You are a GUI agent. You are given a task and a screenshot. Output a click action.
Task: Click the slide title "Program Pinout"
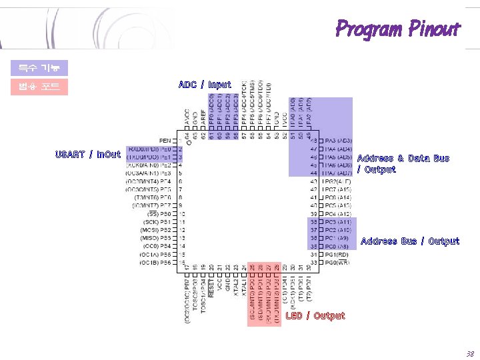[x=397, y=29]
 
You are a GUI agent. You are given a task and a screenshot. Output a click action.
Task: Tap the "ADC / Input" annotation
[x=205, y=85]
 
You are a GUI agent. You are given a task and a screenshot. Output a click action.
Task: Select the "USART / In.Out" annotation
[x=88, y=155]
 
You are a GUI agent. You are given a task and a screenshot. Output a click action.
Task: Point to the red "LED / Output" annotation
[x=315, y=316]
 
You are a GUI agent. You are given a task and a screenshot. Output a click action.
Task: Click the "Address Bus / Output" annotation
[x=409, y=241]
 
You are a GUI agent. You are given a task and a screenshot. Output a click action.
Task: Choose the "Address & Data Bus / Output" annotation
[x=403, y=163]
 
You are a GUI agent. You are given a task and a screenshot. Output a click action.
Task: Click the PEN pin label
[x=165, y=140]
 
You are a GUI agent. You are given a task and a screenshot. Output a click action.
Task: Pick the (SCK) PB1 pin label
[x=157, y=222]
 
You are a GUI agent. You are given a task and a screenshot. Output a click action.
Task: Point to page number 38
[x=470, y=353]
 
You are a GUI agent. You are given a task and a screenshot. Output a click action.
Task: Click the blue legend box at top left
[x=39, y=68]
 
